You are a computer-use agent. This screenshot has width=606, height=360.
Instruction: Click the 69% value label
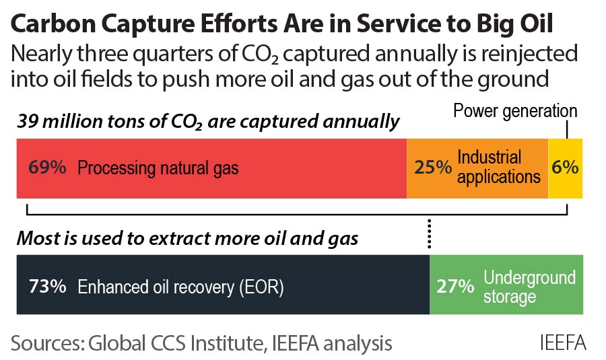click(47, 168)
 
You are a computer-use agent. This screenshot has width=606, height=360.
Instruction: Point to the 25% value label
click(433, 168)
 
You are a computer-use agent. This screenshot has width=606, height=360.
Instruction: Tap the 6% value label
click(565, 168)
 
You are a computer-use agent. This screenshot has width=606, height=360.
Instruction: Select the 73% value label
click(47, 286)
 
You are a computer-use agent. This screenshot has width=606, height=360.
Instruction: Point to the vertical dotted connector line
click(429, 236)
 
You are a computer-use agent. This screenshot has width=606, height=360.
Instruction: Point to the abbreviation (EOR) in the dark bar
click(262, 287)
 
